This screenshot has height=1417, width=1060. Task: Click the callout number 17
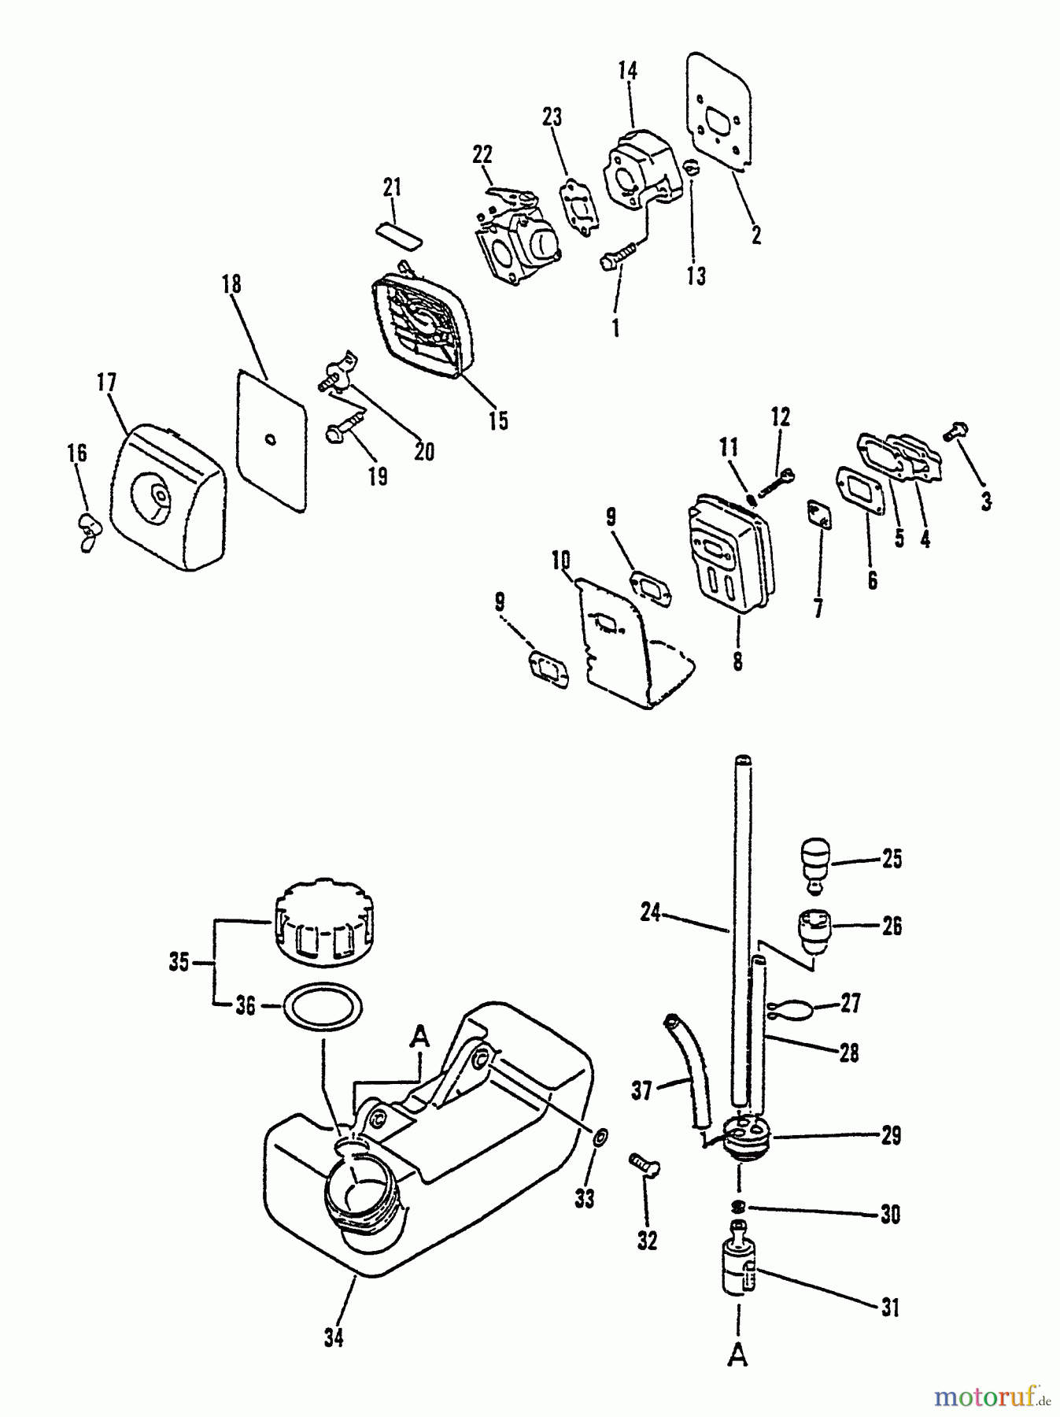106,383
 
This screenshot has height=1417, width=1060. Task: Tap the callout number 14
627,71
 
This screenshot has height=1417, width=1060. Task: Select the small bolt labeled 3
958,432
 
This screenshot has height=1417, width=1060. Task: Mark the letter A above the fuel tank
421,1038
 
